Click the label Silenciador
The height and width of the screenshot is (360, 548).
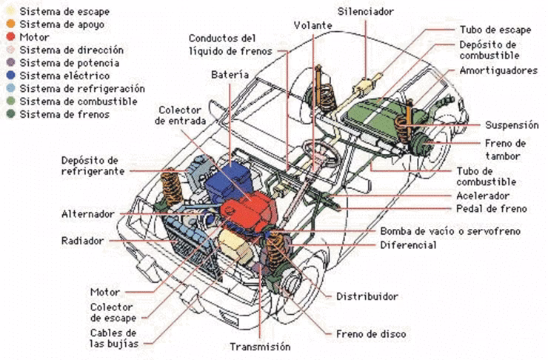[x=366, y=12]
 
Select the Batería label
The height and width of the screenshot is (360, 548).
[x=229, y=76]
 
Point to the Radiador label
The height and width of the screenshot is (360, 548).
[x=83, y=241]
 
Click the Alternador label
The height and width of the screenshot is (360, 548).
[x=87, y=214]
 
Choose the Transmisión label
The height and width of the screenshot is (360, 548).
[x=260, y=347]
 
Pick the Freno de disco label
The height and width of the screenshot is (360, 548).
[x=370, y=334]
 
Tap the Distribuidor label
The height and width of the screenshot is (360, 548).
[x=367, y=296]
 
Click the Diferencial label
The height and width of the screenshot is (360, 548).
[x=408, y=245]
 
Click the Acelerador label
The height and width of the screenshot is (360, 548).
[x=482, y=196]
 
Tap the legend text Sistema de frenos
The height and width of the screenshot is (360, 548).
[x=65, y=114]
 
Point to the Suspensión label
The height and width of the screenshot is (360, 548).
[x=512, y=125]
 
